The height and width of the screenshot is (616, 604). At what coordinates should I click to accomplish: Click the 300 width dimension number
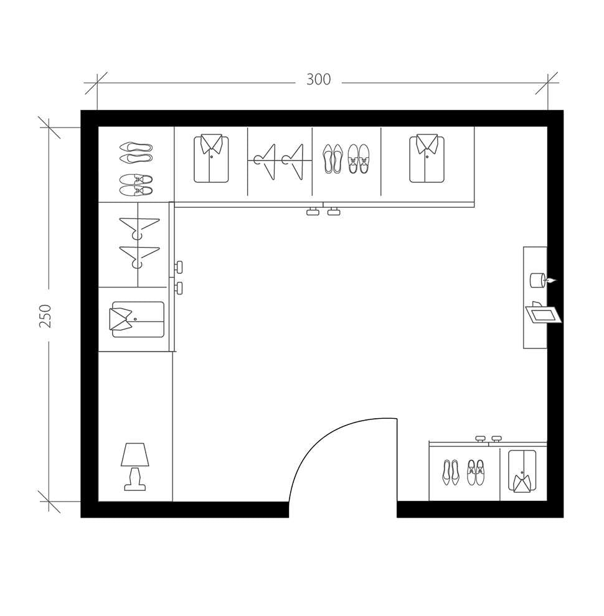click(318, 80)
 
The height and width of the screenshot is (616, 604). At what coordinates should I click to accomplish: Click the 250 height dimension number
click(45, 315)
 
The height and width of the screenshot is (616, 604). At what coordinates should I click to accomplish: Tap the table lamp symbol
click(135, 466)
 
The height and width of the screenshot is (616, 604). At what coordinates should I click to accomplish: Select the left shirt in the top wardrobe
click(211, 159)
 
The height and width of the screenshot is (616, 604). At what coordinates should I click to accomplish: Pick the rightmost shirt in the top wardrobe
click(427, 159)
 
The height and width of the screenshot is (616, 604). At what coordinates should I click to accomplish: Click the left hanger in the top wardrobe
click(265, 161)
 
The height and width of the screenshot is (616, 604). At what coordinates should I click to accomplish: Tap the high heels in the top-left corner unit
click(136, 152)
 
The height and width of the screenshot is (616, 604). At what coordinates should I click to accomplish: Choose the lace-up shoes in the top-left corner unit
click(136, 184)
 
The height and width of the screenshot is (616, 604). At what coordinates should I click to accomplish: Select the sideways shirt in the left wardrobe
click(137, 319)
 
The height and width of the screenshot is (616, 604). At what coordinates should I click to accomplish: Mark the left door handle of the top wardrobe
click(313, 212)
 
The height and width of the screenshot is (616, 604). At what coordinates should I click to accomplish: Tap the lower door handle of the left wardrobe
click(179, 288)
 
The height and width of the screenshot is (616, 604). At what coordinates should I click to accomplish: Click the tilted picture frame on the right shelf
click(543, 314)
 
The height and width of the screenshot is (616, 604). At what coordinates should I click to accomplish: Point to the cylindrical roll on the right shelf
click(537, 280)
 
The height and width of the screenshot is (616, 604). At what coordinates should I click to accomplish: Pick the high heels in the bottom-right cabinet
click(451, 472)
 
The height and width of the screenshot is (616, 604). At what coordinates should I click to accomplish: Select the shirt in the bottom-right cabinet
click(522, 471)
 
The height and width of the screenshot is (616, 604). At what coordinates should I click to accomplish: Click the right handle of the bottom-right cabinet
click(496, 439)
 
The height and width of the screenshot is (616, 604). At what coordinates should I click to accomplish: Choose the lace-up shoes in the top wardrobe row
click(358, 159)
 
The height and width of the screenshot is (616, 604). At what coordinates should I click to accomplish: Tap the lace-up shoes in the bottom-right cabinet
click(476, 472)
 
